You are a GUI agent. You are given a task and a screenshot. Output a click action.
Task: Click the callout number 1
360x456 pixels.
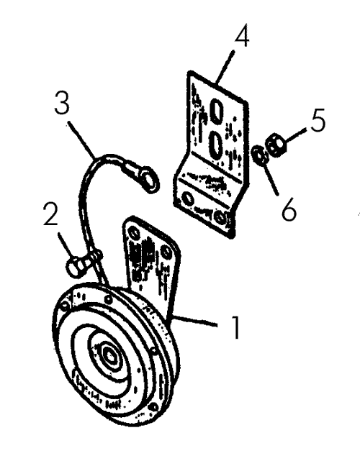click(235, 327)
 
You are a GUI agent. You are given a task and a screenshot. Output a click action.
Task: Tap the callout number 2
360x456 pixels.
click(50, 214)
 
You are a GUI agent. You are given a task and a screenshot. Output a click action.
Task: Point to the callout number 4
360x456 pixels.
click(242, 35)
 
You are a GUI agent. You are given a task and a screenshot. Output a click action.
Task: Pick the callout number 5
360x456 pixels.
click(318, 120)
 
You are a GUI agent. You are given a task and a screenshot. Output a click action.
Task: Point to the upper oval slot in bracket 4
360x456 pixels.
click(217, 110)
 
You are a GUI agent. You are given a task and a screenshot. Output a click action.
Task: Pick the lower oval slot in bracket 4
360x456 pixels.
click(216, 144)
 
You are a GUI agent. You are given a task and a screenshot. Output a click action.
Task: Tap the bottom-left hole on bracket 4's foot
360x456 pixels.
click(188, 199)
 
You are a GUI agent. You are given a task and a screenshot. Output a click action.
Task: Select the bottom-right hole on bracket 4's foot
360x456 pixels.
click(221, 217)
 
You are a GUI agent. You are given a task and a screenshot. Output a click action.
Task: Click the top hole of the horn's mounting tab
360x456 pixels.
click(134, 233)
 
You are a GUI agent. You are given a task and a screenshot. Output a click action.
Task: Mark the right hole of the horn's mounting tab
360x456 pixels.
click(166, 252)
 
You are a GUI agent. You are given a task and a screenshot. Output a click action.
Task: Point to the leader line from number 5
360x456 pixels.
click(295, 135)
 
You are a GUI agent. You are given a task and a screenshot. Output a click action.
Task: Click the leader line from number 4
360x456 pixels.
click(225, 66)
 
